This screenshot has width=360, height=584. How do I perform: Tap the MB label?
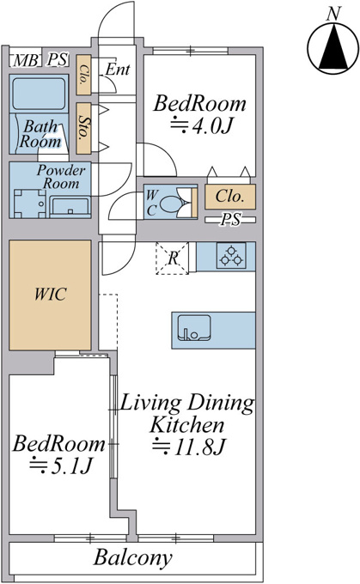tap(25, 60)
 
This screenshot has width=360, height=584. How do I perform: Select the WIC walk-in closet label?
tap(51, 295)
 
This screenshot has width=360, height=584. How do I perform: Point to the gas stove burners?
tap(231, 256)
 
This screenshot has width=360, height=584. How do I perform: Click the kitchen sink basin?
tap(194, 328)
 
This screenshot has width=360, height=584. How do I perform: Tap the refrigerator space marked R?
tap(172, 259)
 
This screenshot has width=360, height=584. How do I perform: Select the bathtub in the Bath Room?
tap(38, 92)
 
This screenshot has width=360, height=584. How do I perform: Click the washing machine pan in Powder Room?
tap(30, 204)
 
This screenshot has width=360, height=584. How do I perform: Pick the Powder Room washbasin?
tap(70, 207)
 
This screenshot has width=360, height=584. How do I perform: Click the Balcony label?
tap(132, 558)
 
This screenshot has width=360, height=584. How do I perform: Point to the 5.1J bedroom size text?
tap(61, 465)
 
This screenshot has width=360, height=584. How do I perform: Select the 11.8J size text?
tap(189, 447)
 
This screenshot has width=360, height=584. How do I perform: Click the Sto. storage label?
tap(84, 128)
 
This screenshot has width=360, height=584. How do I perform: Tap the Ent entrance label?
tap(118, 70)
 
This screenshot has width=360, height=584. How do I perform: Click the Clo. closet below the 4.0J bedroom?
tap(230, 197)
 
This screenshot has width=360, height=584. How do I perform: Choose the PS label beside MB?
tap(58, 59)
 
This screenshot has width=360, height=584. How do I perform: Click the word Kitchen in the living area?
tap(187, 424)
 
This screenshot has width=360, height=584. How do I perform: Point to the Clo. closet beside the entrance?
tap(84, 75)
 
